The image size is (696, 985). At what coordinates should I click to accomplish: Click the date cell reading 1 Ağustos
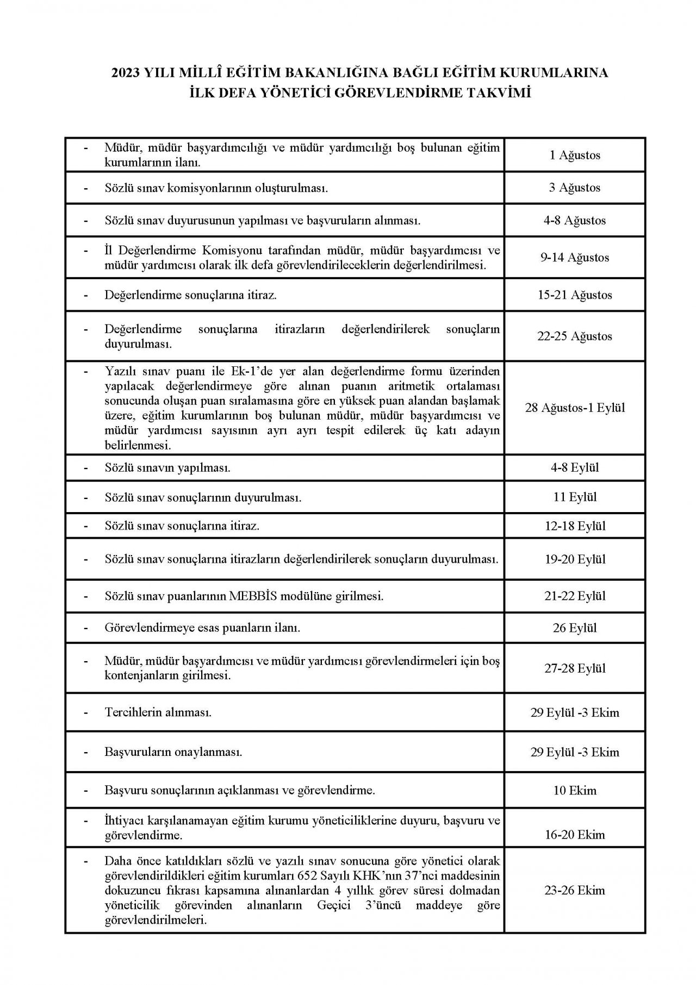click(x=574, y=155)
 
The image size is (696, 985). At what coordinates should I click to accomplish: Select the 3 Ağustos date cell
click(x=574, y=188)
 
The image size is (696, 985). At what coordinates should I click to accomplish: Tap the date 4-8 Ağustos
click(x=574, y=220)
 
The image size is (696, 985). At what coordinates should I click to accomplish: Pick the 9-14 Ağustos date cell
click(x=574, y=257)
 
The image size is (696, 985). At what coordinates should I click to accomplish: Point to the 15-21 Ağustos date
click(x=574, y=295)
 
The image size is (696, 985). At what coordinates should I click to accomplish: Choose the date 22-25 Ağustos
click(x=574, y=336)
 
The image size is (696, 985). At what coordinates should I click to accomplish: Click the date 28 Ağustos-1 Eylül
click(x=574, y=408)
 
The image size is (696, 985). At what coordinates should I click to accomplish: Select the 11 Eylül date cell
click(x=574, y=497)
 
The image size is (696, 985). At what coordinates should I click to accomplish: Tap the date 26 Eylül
click(x=574, y=628)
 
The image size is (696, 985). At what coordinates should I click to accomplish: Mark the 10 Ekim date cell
click(x=574, y=790)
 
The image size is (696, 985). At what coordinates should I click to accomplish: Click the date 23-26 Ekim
click(x=574, y=890)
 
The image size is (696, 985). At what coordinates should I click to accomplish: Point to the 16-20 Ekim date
click(x=574, y=835)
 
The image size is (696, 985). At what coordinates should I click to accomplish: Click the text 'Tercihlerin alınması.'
click(x=158, y=712)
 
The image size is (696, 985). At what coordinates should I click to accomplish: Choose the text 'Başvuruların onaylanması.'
click(x=173, y=752)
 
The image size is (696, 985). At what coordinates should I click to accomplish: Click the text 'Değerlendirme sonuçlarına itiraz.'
click(x=191, y=295)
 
